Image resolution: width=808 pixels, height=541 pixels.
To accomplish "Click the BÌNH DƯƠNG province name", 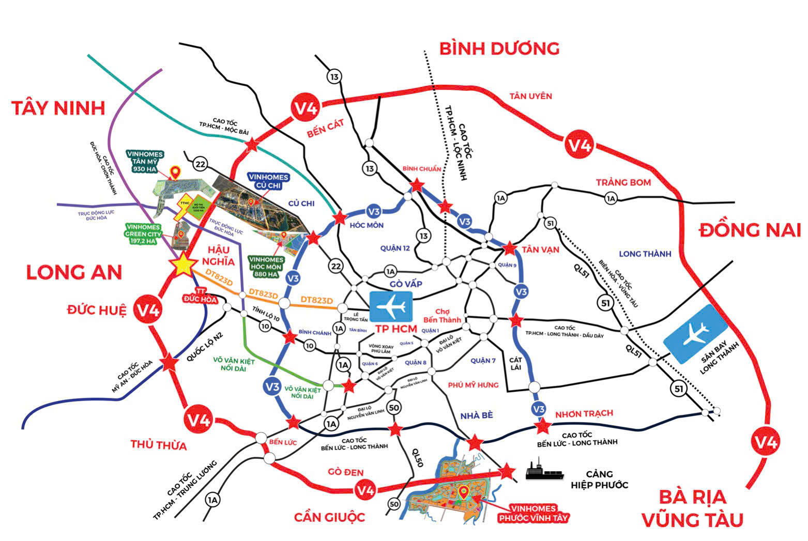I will pos(499,49).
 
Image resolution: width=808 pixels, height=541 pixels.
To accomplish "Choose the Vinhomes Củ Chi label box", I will pos(268,181).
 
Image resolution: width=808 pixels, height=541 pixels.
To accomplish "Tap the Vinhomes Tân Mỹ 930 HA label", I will pos(145,162).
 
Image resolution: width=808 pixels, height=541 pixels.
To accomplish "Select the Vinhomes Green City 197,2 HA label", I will pos(144,234).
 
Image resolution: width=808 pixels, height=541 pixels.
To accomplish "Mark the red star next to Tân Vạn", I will pos(509,249).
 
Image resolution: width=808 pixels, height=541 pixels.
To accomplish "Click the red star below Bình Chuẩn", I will pos(416,185).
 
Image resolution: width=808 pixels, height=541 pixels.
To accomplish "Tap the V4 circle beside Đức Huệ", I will pos(148,311).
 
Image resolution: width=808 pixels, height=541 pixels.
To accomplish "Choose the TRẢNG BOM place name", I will pos(623,182).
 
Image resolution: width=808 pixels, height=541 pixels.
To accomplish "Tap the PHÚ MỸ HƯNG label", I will pos(473,385).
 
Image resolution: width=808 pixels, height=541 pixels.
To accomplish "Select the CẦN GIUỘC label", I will pos(329,517).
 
